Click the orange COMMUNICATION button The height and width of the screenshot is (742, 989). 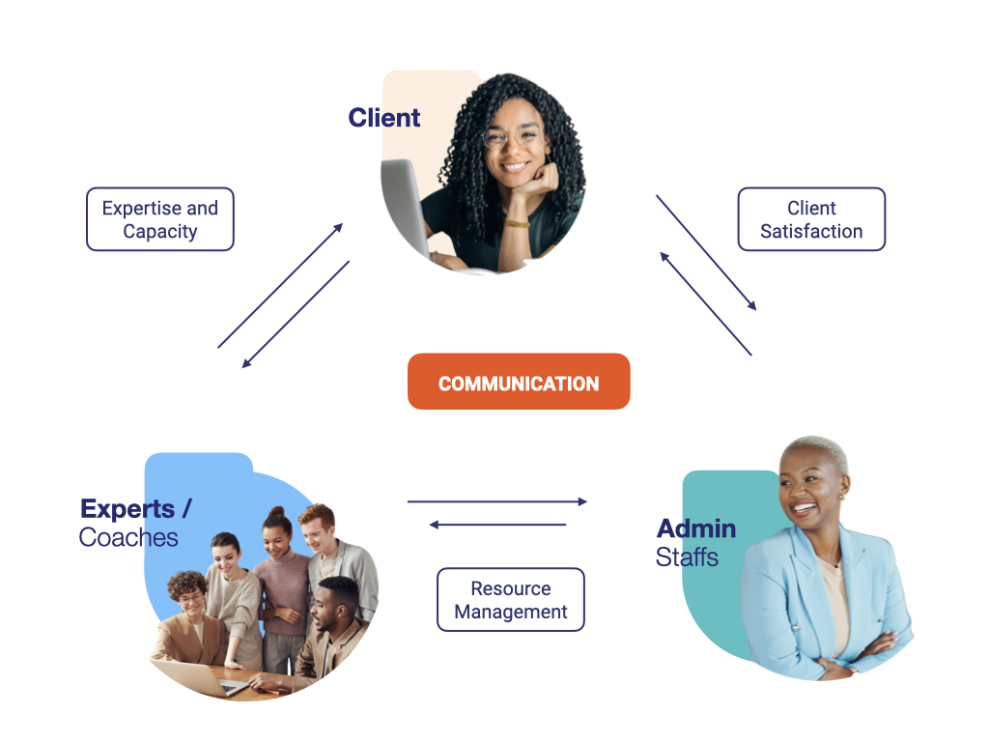[x=519, y=383]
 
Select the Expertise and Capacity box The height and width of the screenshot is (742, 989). [x=160, y=219]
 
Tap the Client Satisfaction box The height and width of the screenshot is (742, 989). [x=811, y=219]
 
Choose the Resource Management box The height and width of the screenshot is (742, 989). [x=510, y=600]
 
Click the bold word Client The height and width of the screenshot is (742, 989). [x=384, y=118]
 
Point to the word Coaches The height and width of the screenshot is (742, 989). [x=128, y=537]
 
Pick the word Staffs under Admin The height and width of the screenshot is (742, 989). [x=687, y=556]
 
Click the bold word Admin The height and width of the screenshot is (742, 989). [x=696, y=528]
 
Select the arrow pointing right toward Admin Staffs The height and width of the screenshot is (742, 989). [x=497, y=501]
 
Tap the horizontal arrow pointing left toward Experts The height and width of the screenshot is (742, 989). [x=497, y=525]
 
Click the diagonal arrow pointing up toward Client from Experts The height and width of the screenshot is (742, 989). [x=280, y=286]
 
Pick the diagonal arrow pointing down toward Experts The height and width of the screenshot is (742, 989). [x=296, y=314]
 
